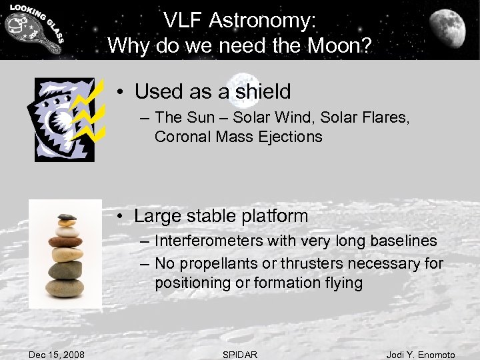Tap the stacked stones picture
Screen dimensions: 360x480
pos(65,254)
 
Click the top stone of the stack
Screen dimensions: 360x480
pos(67,217)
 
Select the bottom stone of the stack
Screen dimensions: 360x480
pos(65,288)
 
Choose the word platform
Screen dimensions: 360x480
pos(274,217)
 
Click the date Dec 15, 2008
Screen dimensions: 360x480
pos(57,355)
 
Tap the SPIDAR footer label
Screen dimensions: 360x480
pos(239,355)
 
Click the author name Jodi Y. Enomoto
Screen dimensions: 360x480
pos(421,355)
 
